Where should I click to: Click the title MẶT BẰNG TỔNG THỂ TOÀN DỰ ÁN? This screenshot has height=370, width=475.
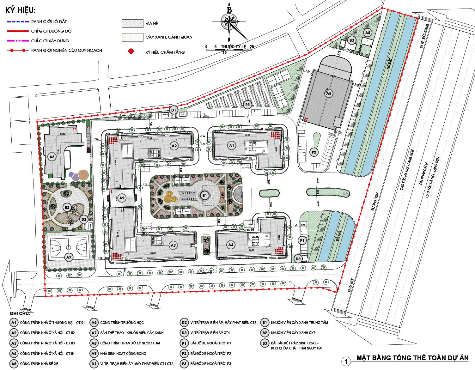click(x=412, y=358)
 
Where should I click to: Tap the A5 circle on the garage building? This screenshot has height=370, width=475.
click(x=329, y=93)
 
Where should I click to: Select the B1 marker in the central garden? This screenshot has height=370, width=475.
click(x=204, y=196)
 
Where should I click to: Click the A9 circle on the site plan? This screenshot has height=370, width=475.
click(x=122, y=198)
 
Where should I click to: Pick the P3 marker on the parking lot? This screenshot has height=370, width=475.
click(x=247, y=105)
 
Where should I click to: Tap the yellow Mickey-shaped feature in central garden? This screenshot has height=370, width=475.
click(x=171, y=197)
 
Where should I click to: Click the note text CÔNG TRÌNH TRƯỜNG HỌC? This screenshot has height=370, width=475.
click(x=122, y=323)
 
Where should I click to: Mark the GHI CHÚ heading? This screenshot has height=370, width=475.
click(x=20, y=313)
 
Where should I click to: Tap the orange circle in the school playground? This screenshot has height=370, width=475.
click(x=84, y=175)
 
